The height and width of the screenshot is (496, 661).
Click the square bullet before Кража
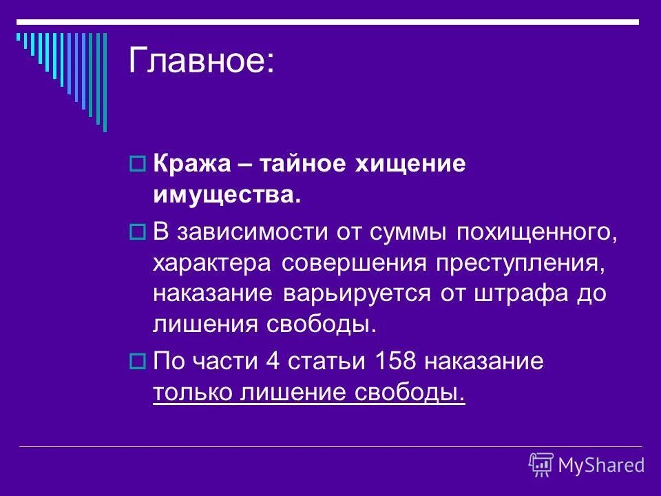pyautogui.click(x=136, y=165)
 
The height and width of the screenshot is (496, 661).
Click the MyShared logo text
pyautogui.click(x=601, y=464)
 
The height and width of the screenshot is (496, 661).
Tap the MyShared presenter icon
pyautogui.click(x=541, y=464)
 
